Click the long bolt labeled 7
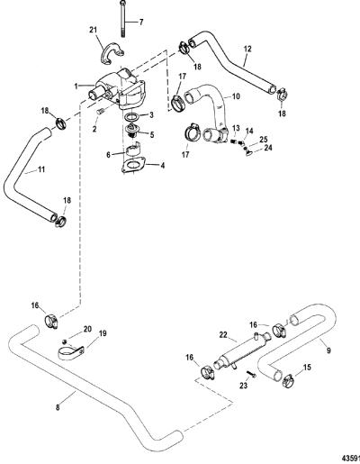click(x=123, y=19)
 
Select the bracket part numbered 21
click(x=112, y=54)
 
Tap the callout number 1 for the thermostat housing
click(x=76, y=86)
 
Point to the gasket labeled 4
click(x=133, y=166)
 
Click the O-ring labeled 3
click(x=131, y=116)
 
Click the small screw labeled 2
click(x=101, y=112)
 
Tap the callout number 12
click(x=247, y=49)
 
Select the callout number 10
click(x=236, y=96)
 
